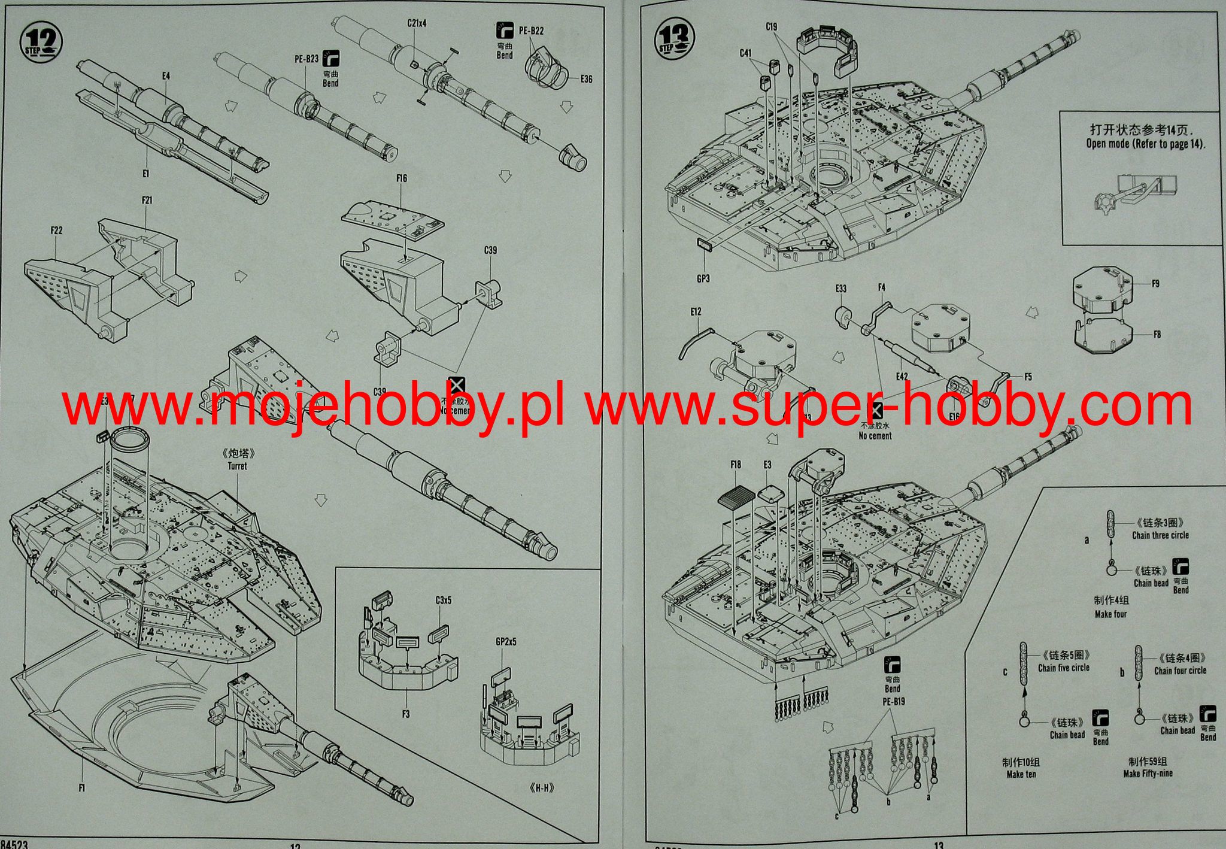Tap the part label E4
pos(166,76)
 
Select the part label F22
pos(56,231)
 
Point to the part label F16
pos(401,178)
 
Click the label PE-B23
pos(306,59)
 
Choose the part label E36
pos(586,79)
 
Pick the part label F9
pos(1155,283)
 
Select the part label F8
pos(1157,334)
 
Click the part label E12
pos(695,312)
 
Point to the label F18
pos(736,465)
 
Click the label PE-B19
pos(893,700)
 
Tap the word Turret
pos(237,466)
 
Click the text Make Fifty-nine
pos(1148,773)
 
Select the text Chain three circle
pos(1160,535)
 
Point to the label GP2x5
pos(506,642)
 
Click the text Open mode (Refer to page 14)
pos(1146,144)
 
